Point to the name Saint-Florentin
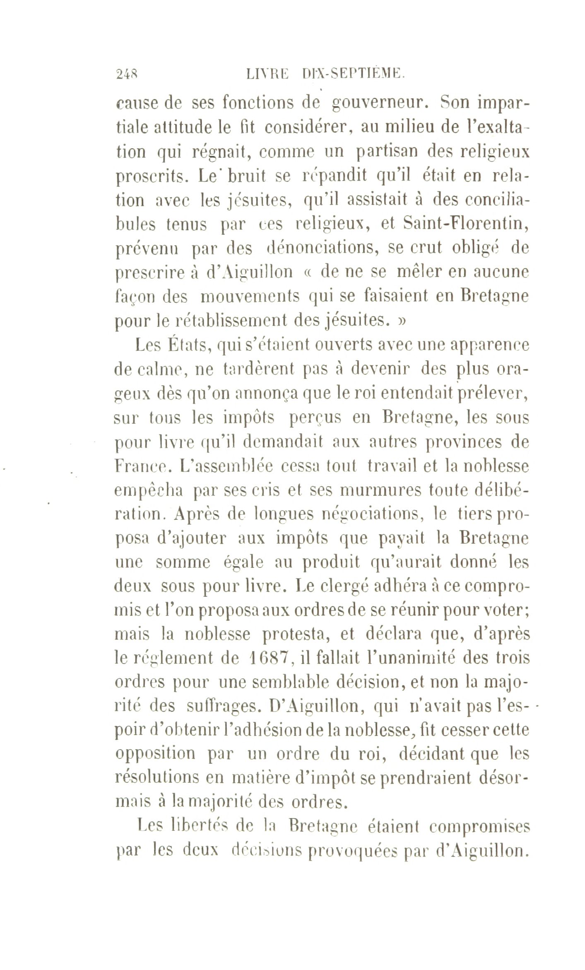466,224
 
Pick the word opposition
155,753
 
